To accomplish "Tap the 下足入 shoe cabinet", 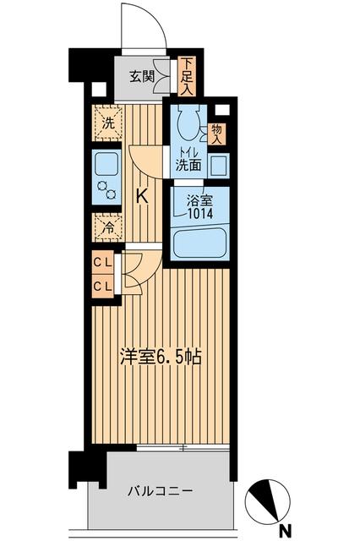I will [x=187, y=76].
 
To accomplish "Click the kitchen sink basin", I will [x=107, y=162].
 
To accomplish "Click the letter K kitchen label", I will [x=142, y=196].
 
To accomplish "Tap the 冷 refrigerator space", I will [x=107, y=227].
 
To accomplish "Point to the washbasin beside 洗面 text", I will [x=218, y=164].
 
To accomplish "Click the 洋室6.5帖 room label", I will [x=161, y=357].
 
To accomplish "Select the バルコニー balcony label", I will [x=161, y=490].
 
